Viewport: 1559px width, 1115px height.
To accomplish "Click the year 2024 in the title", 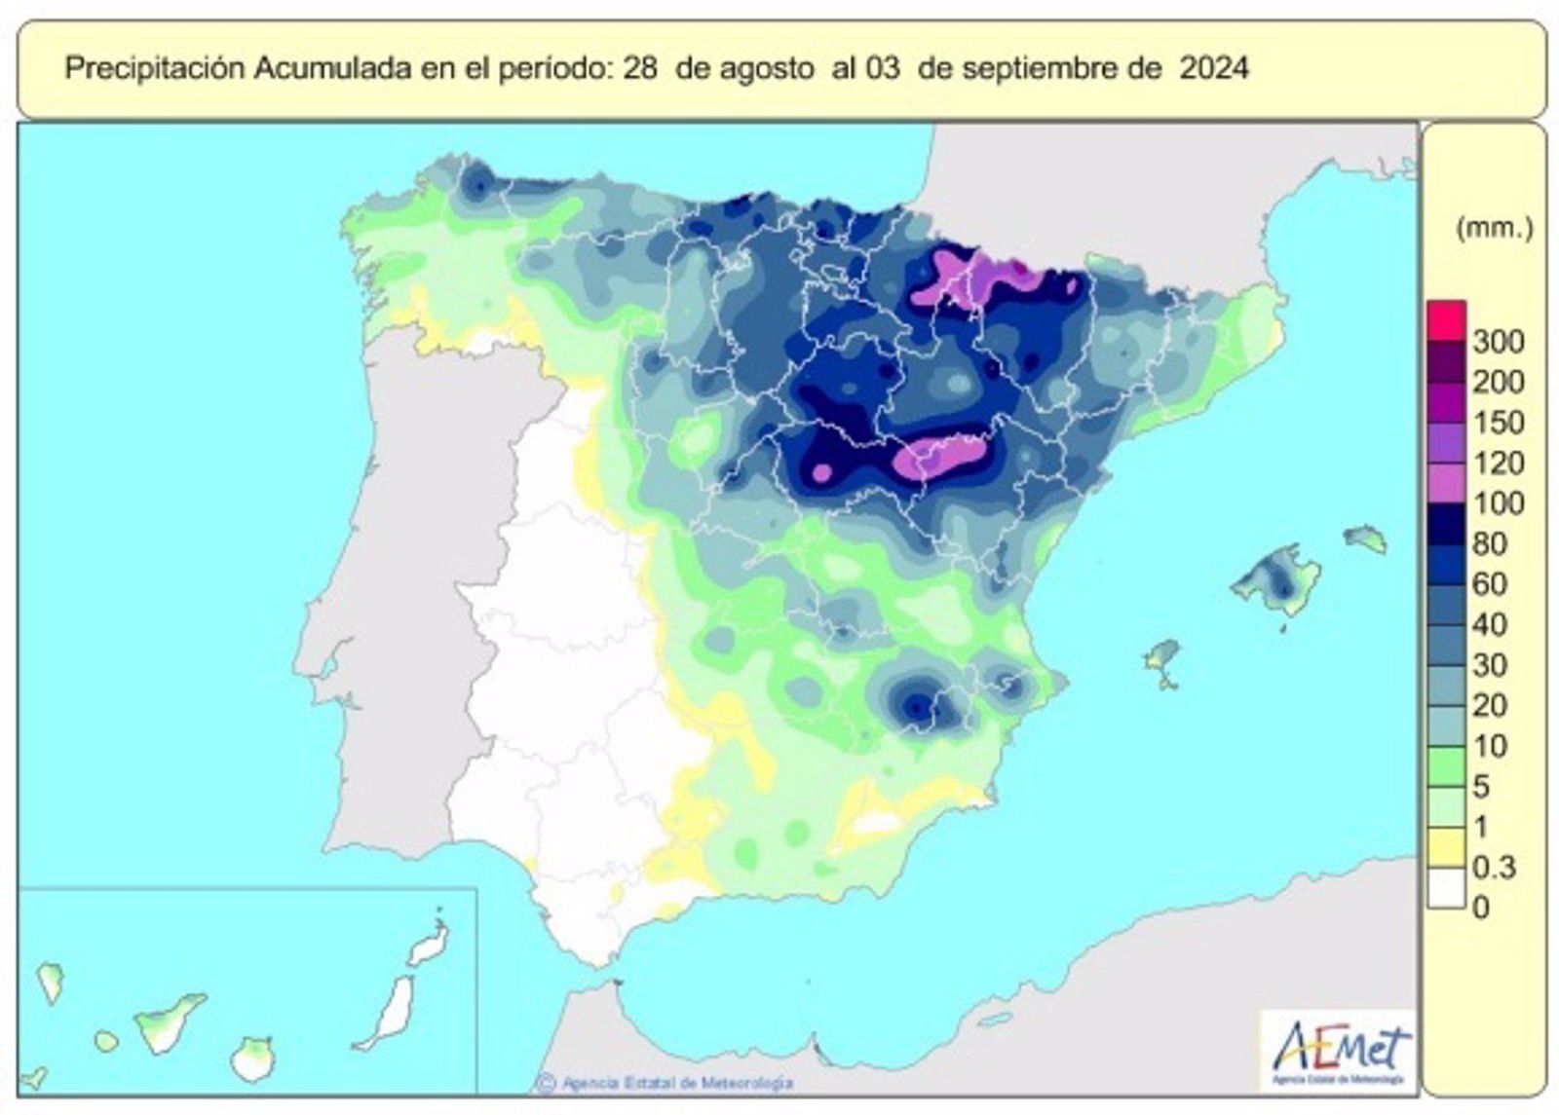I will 1213,69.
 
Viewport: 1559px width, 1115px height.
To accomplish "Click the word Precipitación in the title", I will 155,69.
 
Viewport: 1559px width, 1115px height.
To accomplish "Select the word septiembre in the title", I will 1041,69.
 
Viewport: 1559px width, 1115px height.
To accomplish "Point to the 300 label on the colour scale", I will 1498,342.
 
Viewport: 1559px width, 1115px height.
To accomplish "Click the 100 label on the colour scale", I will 1498,503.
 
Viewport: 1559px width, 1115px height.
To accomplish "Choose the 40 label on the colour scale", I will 1489,624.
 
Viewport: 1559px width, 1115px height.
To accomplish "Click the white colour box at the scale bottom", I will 1446,888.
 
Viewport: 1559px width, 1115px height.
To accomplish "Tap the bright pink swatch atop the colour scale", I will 1446,319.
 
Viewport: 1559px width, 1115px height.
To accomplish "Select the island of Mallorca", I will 1276,582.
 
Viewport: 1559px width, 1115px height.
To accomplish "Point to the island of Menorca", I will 1365,537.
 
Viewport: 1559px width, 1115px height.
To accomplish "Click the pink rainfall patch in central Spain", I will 937,456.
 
